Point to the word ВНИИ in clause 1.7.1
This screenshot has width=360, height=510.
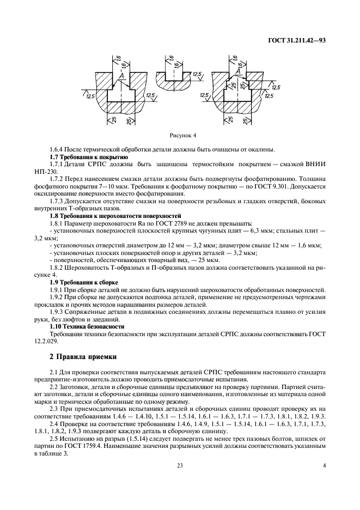314,164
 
